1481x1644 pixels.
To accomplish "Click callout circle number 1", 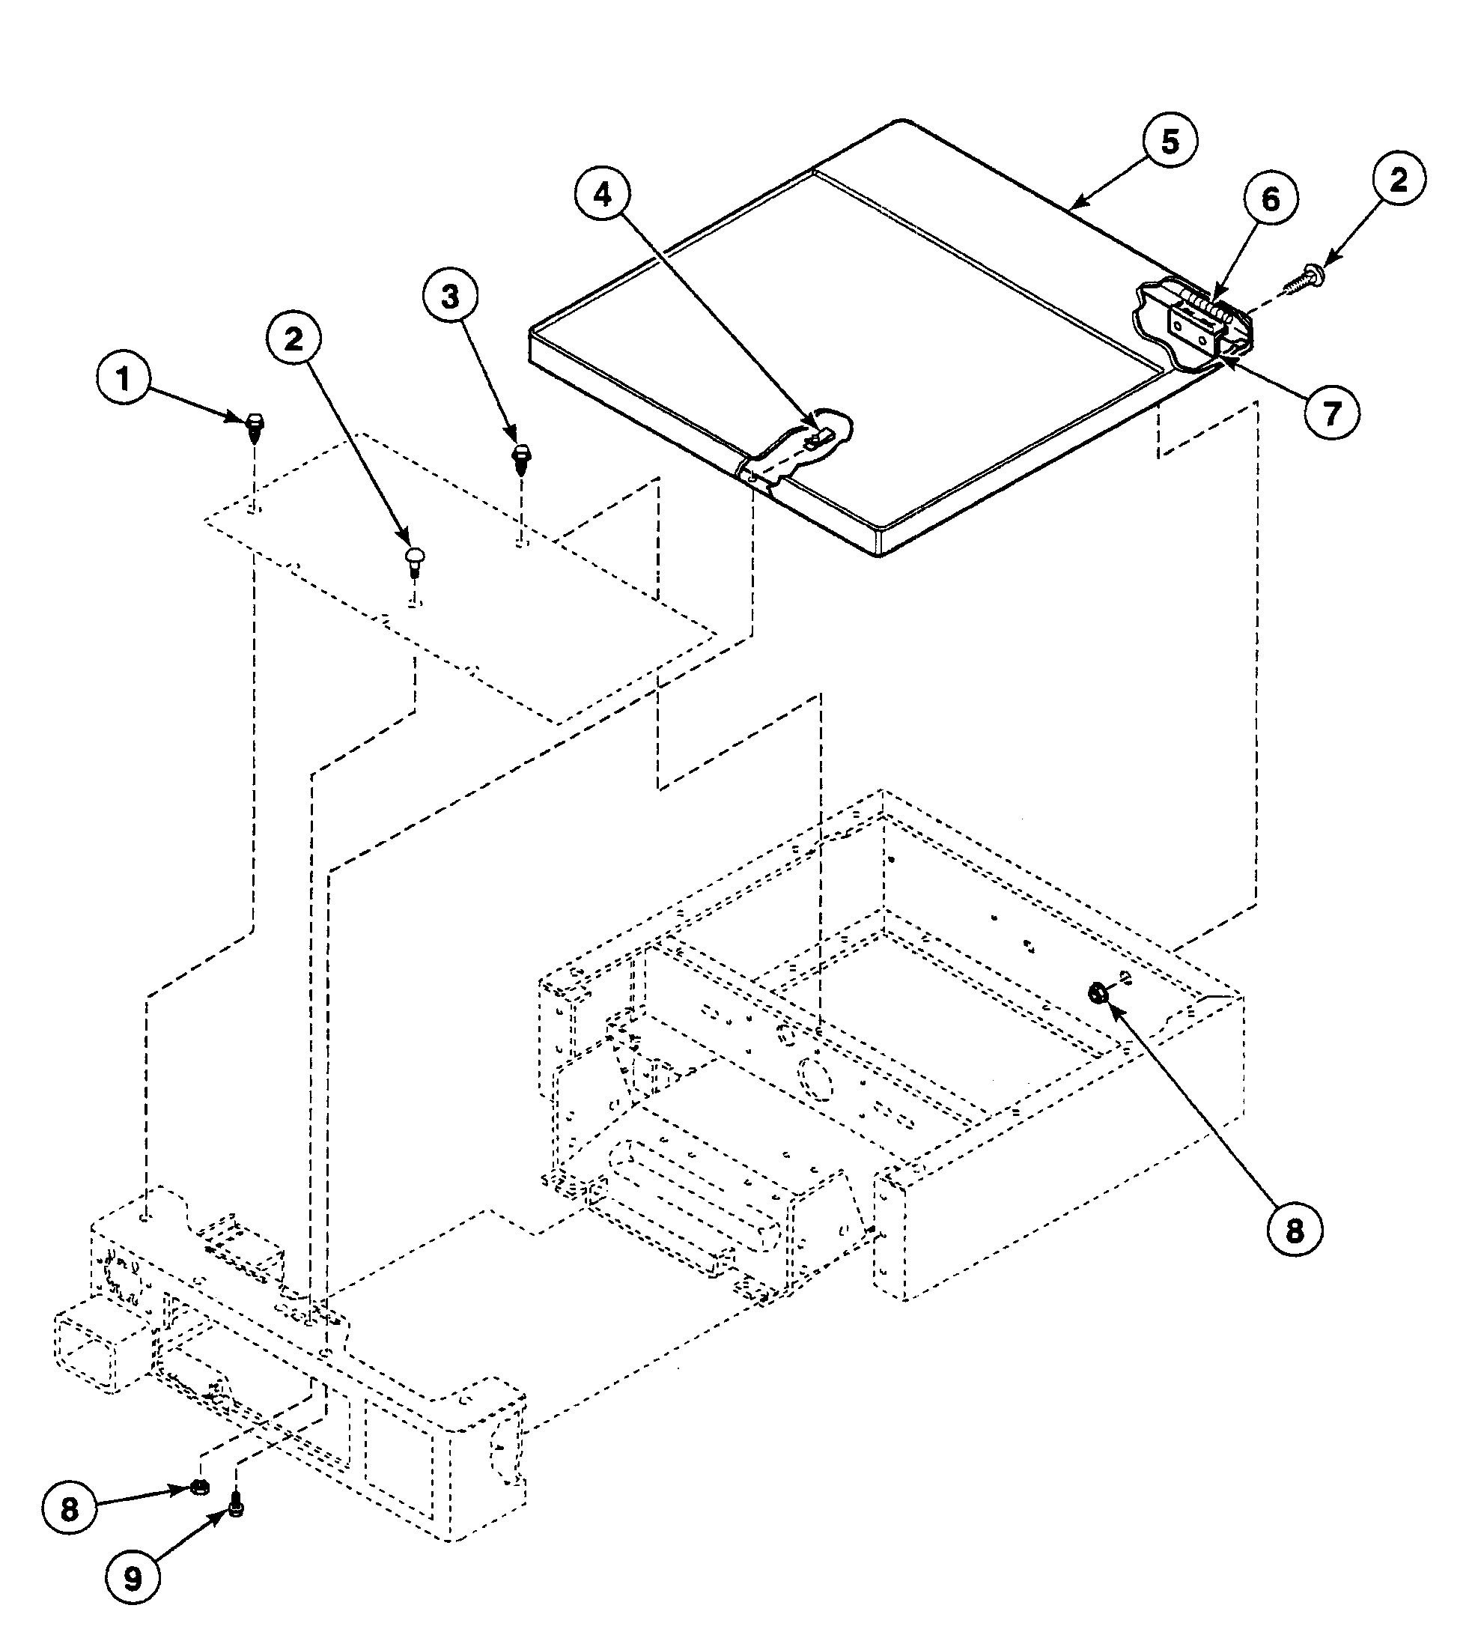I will [x=124, y=379].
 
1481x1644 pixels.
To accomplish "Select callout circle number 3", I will [x=450, y=297].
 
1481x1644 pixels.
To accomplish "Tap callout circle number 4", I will [x=602, y=195].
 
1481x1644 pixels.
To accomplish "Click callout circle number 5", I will [x=1170, y=142].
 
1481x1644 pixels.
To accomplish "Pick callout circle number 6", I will [x=1271, y=199].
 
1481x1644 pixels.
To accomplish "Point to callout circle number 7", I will [x=1331, y=413].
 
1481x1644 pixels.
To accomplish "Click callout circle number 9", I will [x=133, y=1579].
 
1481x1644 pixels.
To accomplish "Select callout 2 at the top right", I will [x=1397, y=180].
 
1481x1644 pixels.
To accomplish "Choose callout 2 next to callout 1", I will [x=293, y=339].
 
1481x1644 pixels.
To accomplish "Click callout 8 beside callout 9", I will [x=69, y=1509].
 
